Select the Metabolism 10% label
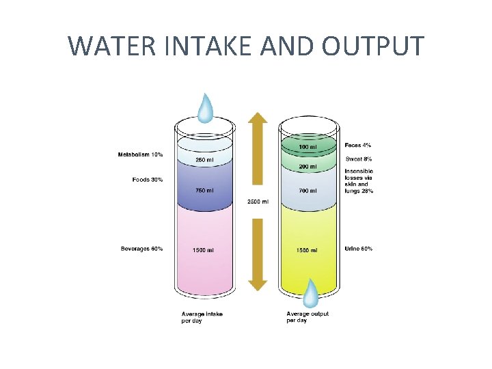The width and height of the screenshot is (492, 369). (141, 155)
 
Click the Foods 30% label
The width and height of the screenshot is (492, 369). (148, 180)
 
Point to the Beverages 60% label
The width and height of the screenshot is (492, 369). (142, 249)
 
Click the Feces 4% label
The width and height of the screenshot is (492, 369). (358, 146)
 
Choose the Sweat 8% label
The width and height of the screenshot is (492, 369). (359, 159)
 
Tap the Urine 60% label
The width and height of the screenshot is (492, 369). (359, 249)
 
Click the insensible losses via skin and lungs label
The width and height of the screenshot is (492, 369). (359, 181)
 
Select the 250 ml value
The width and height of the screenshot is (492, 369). (204, 160)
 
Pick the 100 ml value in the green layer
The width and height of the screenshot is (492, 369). (307, 147)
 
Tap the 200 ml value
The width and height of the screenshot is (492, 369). (307, 167)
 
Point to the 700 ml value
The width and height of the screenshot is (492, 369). (307, 191)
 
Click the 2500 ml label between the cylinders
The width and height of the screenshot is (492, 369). (257, 202)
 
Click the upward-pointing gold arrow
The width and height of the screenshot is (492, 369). (257, 150)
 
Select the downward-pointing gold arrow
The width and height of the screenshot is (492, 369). (257, 253)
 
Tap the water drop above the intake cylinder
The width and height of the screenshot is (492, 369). (205, 107)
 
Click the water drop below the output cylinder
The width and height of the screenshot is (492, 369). (311, 293)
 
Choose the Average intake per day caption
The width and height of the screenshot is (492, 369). (202, 317)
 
